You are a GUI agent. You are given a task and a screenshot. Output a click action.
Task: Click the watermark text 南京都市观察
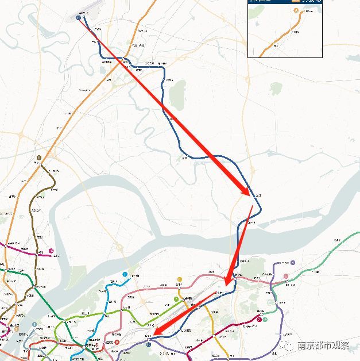click(323, 345)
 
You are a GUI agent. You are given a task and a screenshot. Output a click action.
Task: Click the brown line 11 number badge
click(39, 157)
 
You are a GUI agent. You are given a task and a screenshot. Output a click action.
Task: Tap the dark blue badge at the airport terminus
click(78, 18)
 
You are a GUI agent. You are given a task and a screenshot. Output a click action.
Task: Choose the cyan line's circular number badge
click(125, 275)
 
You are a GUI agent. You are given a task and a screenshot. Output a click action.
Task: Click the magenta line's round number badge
click(51, 251)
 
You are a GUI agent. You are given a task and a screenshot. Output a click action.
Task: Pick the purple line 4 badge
click(292, 263)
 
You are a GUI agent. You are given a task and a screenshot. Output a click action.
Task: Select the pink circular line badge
click(286, 276)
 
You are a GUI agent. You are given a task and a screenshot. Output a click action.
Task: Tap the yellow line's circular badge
click(179, 280)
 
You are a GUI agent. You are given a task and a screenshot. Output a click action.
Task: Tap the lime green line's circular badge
click(176, 299)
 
